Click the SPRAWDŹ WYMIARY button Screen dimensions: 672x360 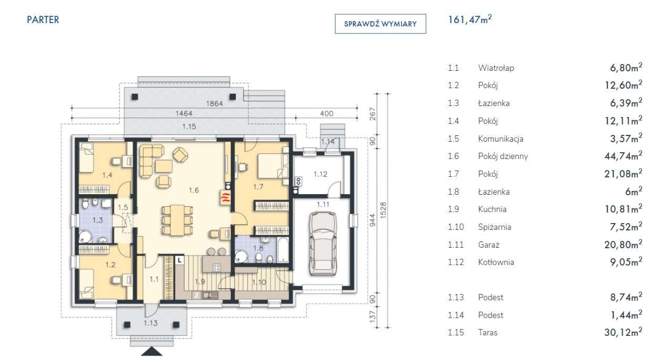point(381,24)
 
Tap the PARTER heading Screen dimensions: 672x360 point(43,20)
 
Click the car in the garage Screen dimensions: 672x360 point(323,243)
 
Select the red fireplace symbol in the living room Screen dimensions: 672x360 point(226,198)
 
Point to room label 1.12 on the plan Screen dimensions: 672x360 point(320,174)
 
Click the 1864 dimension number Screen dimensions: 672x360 point(215,103)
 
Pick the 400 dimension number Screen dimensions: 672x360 point(327,113)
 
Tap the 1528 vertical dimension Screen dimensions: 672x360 point(383,210)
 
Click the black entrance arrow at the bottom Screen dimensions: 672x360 point(152,352)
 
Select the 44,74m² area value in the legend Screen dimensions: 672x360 point(623,156)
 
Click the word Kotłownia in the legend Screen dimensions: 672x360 point(496,262)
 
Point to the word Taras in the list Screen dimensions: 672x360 point(488,332)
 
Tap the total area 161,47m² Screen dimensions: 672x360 point(470,19)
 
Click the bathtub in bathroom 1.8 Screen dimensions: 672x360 point(283,250)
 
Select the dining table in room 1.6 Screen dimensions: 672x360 point(177,220)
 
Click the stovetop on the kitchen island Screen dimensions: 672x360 point(217,268)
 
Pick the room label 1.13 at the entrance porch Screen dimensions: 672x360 point(150,323)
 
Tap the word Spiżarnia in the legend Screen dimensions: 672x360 point(495,227)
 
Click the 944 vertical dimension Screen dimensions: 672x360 point(372,220)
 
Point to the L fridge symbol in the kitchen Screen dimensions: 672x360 point(180,260)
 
